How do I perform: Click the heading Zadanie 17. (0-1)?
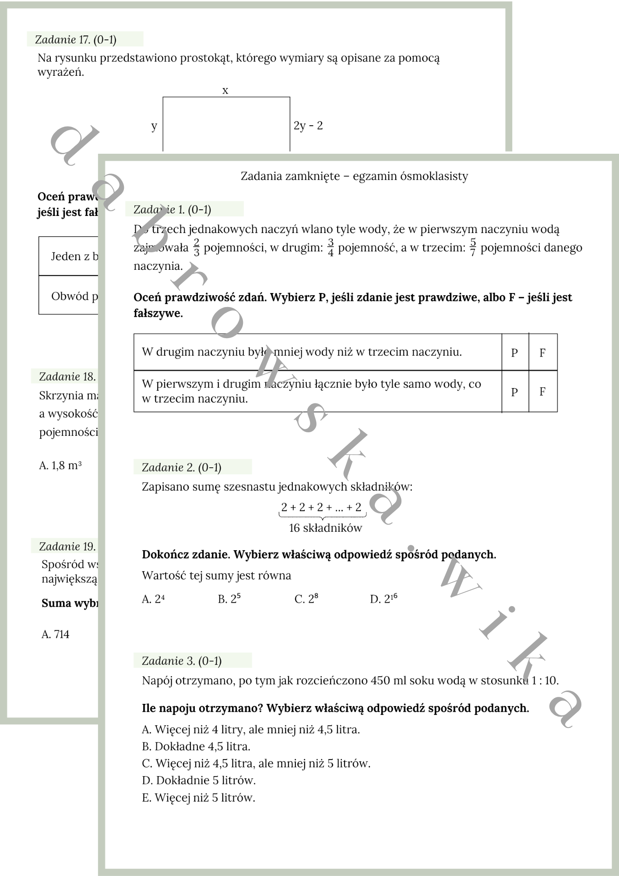point(76,40)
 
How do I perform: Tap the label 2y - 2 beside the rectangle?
point(308,126)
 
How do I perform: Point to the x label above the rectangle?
point(225,91)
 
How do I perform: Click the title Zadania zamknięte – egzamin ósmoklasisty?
point(354,176)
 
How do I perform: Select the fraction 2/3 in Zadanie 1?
point(197,247)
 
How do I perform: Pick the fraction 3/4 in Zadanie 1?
point(331,247)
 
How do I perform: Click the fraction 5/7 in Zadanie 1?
point(473,247)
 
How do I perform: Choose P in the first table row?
point(514,353)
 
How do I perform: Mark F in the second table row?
point(542,392)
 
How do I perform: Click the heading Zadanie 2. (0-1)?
point(182,467)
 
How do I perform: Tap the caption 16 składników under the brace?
point(325,528)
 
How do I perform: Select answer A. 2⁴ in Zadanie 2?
point(153,599)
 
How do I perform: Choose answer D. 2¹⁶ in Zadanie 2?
point(383,599)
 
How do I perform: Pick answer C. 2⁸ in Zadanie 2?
point(306,599)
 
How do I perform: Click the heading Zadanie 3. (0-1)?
point(182,661)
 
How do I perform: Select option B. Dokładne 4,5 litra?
point(196,746)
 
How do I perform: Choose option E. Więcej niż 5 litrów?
point(198,798)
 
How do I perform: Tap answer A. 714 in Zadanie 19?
point(56,634)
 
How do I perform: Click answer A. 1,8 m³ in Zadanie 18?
point(60,465)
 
